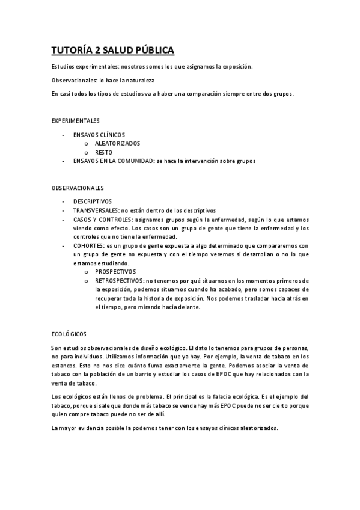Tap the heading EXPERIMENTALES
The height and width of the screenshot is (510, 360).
tap(75, 121)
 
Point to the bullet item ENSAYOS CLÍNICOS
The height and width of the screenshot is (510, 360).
tap(99, 135)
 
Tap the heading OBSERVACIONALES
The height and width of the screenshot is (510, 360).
tap(78, 188)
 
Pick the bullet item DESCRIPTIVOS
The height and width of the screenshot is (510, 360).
tap(93, 201)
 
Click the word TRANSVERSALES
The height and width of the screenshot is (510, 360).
tap(96, 210)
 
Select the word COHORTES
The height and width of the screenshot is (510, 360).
tap(88, 245)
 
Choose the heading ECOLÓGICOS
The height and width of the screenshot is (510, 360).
tap(70, 334)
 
